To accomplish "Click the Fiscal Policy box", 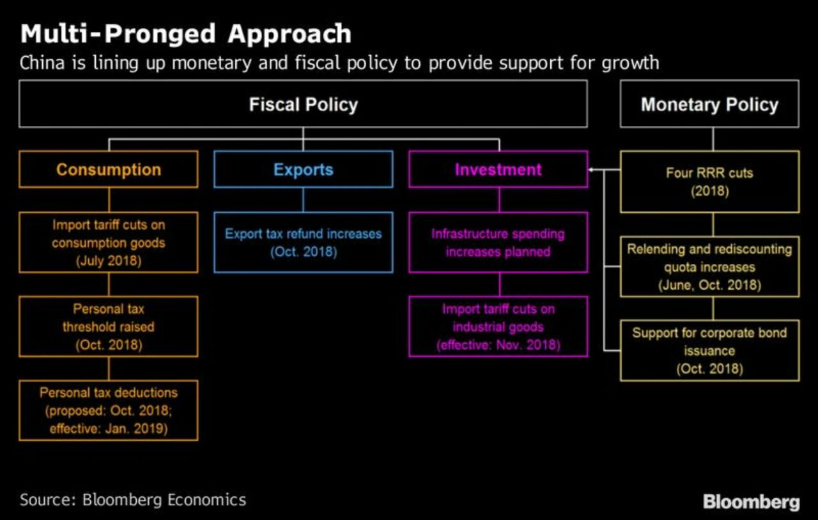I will tap(303, 104).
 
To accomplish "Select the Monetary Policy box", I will tap(709, 104).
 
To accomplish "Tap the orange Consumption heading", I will tap(109, 169).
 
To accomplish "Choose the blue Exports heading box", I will tap(303, 169).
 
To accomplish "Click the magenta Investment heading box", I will tap(498, 169).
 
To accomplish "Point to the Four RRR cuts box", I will tap(709, 181).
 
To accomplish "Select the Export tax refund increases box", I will tap(303, 242).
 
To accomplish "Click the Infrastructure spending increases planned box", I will tap(498, 242).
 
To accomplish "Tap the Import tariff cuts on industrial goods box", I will tap(498, 326).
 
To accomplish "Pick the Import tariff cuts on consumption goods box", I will tap(109, 242).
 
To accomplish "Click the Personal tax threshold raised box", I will tap(109, 326).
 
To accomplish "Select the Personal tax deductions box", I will tap(109, 410).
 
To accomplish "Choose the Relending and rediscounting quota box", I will tap(709, 266).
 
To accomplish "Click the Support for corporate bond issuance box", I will tap(709, 351).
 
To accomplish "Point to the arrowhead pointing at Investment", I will tap(591, 170).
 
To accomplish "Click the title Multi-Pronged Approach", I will tap(185, 34).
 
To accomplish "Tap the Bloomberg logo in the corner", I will tap(751, 501).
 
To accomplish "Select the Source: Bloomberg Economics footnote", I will tap(132, 499).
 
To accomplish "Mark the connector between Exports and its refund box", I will tap(303, 199).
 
